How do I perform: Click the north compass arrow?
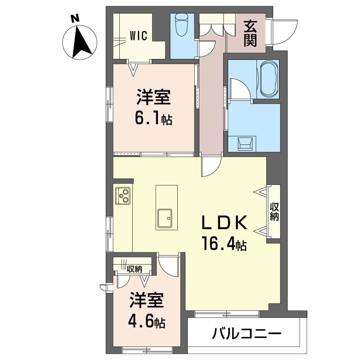81,43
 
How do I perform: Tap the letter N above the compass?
75,18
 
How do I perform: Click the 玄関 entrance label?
251,34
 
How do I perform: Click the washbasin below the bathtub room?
245,144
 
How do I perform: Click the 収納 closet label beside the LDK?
274,211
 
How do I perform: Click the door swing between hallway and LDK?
211,167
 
